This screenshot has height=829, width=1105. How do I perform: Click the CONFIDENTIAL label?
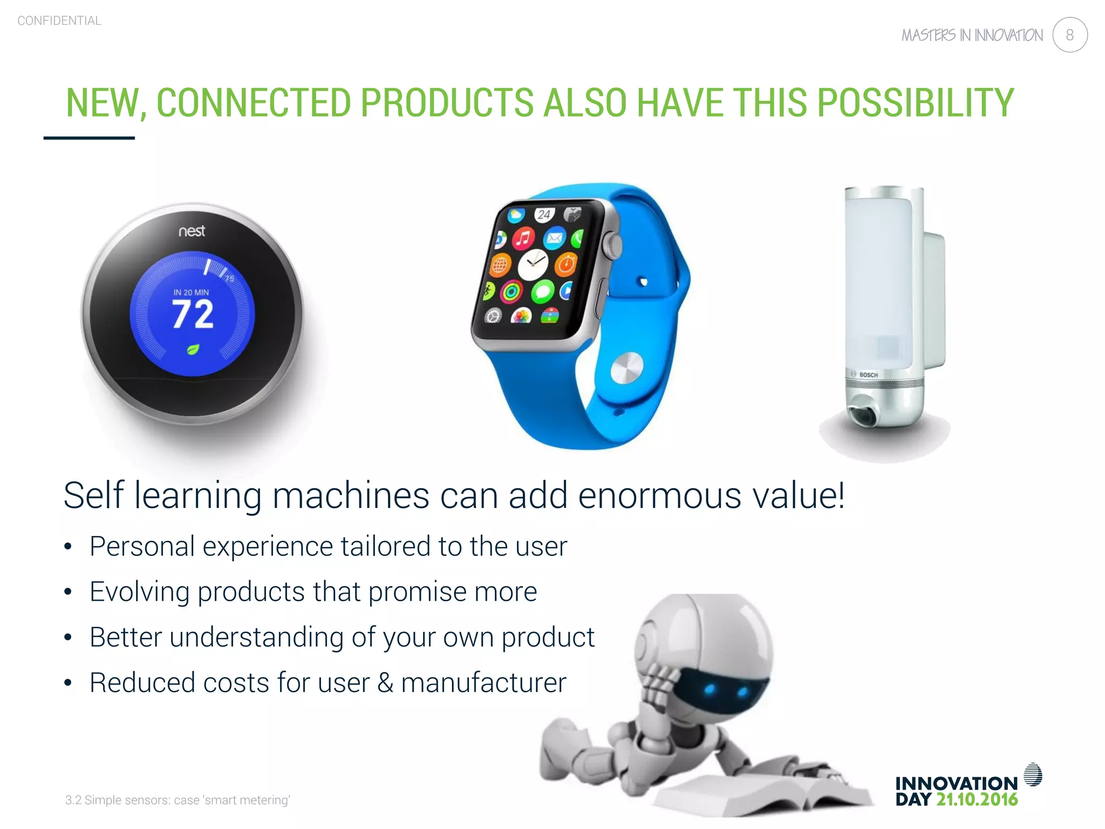(59, 21)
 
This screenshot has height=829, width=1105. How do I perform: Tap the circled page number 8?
(1069, 35)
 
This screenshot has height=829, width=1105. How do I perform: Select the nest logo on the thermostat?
(192, 231)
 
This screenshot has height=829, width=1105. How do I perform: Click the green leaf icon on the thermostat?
(193, 349)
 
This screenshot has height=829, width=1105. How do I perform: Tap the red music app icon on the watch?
(523, 237)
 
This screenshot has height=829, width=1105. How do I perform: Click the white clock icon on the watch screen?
(533, 264)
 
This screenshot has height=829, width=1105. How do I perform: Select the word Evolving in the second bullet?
(139, 592)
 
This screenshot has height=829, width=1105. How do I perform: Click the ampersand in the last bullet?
(385, 683)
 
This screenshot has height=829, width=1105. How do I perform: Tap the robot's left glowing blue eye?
(710, 688)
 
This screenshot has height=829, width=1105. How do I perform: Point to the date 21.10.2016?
(977, 799)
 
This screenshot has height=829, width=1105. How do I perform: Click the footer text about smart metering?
(178, 800)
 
